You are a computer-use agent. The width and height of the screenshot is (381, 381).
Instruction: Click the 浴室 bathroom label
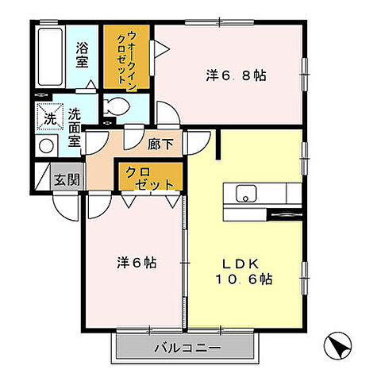82,54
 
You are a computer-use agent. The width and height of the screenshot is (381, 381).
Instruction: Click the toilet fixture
116,105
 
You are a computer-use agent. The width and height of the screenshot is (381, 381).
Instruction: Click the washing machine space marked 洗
47,116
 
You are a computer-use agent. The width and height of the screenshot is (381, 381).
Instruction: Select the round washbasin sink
46,146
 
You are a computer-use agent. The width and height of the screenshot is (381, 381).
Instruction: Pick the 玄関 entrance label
67,179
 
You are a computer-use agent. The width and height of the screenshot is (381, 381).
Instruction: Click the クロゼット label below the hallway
148,177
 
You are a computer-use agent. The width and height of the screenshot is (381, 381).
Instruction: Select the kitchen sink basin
245,193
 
